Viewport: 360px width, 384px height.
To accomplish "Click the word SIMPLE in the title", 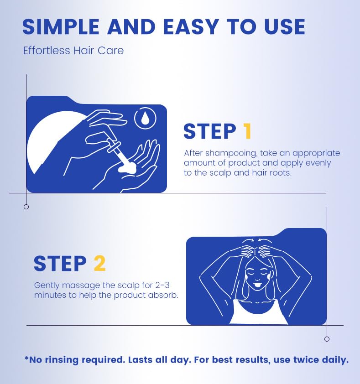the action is pyautogui.click(x=61, y=27).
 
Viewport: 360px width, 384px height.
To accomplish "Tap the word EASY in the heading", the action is pyautogui.click(x=191, y=27).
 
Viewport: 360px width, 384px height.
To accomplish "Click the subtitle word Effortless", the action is pyautogui.click(x=47, y=51).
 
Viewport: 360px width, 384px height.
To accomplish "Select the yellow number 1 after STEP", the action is pyautogui.click(x=247, y=131).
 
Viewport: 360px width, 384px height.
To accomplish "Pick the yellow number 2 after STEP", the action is pyautogui.click(x=99, y=264).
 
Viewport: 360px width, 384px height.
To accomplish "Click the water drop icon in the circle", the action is pyautogui.click(x=146, y=118).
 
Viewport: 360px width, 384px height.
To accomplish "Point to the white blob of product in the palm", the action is pyautogui.click(x=127, y=168).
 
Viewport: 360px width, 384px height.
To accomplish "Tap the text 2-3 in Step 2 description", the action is pyautogui.click(x=162, y=285).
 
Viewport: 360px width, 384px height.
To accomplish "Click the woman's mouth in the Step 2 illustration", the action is pyautogui.click(x=257, y=285).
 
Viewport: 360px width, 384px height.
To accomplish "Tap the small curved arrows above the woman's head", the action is pyautogui.click(x=257, y=240).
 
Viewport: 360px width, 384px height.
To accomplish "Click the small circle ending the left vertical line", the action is pyautogui.click(x=26, y=207).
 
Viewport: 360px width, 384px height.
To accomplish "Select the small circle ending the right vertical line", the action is pyautogui.click(x=327, y=339).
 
